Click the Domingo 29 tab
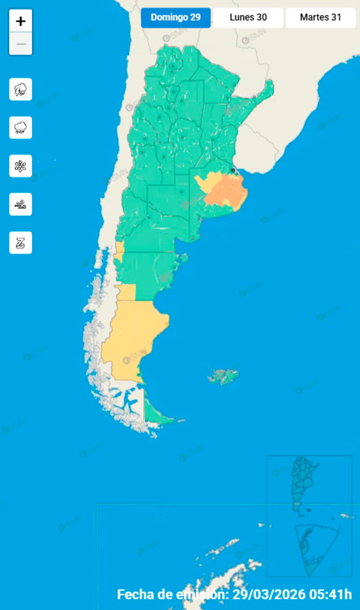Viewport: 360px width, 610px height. click(x=176, y=17)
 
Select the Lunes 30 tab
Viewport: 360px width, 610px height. click(x=248, y=17)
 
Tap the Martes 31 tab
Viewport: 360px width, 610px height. click(x=320, y=17)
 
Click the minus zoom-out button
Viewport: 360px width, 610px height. click(x=21, y=44)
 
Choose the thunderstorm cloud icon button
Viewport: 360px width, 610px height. click(x=21, y=89)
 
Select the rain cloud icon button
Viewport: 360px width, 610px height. click(x=21, y=128)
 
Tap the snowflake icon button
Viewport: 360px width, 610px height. click(x=21, y=166)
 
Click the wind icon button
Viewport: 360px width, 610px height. click(x=21, y=204)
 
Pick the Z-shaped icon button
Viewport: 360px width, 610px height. click(x=21, y=243)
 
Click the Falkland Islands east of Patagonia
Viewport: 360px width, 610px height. click(x=224, y=376)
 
